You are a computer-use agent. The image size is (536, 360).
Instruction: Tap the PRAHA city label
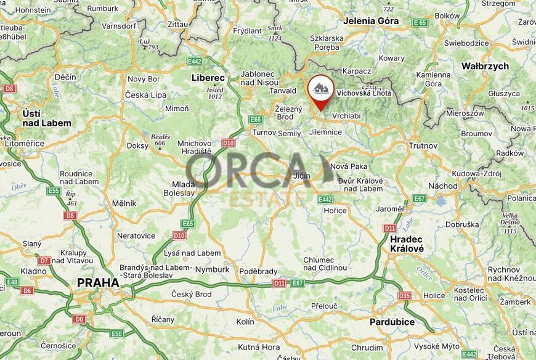coord(98,283)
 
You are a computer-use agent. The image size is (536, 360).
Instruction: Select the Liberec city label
coord(208,78)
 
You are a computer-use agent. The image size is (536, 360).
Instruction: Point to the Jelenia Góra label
coord(371,21)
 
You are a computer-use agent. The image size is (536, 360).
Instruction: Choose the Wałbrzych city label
coord(485,66)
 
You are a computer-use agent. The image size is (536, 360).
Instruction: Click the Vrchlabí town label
coord(346,115)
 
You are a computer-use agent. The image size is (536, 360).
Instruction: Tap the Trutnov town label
coord(423,146)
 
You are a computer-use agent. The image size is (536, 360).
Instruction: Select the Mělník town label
coord(124,203)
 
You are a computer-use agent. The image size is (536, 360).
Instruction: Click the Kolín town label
coord(245,322)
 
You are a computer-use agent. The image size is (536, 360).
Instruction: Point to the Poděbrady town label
coord(258,271)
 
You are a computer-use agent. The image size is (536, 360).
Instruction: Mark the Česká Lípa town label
coord(145,95)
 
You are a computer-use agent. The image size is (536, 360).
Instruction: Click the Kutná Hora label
coord(258,347)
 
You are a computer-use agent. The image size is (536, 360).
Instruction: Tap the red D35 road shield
coord(404,295)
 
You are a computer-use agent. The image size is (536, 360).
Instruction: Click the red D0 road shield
coord(79,319)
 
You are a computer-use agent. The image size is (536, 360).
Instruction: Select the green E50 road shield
coord(116,333)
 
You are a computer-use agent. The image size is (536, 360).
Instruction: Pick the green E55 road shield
coord(54,191)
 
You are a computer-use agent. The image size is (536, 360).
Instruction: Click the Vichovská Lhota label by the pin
coord(363,94)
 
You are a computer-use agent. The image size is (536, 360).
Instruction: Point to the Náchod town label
coord(443,186)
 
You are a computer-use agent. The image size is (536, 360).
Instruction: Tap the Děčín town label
coord(65,77)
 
